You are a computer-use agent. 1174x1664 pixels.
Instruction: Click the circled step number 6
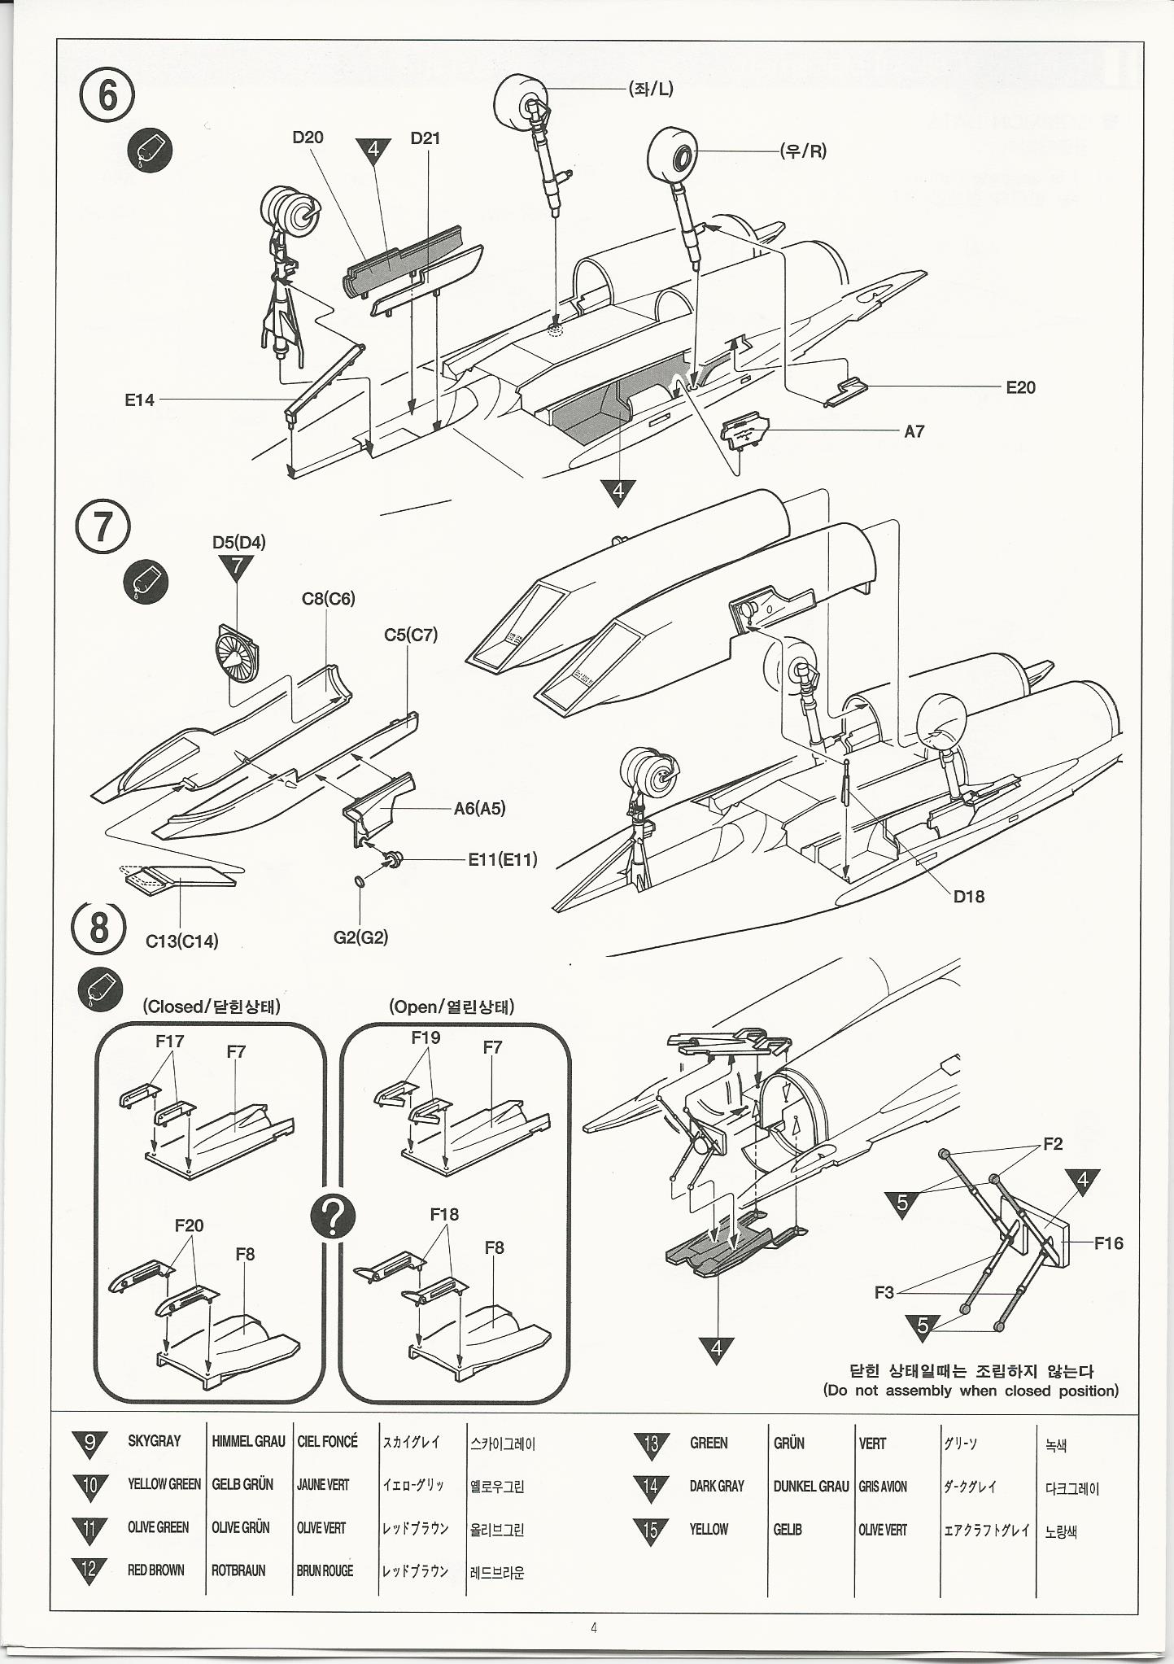point(107,96)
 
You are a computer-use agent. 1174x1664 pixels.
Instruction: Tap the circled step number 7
point(103,526)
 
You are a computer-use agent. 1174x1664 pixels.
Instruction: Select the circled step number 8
point(98,927)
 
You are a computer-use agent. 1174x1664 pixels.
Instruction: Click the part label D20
point(308,138)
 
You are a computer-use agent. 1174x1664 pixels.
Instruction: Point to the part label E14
point(139,400)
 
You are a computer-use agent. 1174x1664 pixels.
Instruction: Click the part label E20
point(1020,387)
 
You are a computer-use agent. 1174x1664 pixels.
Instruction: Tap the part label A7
point(914,431)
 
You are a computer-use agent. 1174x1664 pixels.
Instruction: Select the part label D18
point(968,896)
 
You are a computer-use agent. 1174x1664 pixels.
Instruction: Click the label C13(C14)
point(182,941)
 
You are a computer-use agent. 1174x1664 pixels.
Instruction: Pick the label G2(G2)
point(360,937)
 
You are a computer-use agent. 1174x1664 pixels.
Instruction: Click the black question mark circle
point(333,1217)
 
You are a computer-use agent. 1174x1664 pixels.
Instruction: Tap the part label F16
point(1108,1243)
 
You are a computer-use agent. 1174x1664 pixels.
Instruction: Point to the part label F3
point(884,1292)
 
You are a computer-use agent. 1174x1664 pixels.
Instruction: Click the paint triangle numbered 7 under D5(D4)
point(237,566)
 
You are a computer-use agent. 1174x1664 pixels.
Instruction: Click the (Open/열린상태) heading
point(452,1007)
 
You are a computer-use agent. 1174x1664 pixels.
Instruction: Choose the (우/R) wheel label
point(803,151)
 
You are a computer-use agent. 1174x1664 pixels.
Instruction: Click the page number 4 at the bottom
point(594,1628)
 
